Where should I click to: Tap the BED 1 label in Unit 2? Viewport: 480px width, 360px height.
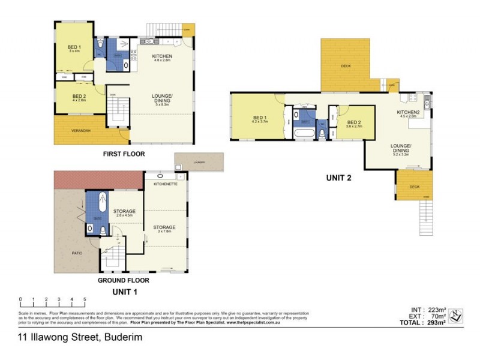(x=259, y=117)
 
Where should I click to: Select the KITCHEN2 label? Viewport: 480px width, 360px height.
(x=409, y=112)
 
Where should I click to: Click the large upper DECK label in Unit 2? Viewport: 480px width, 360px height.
(x=346, y=66)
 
